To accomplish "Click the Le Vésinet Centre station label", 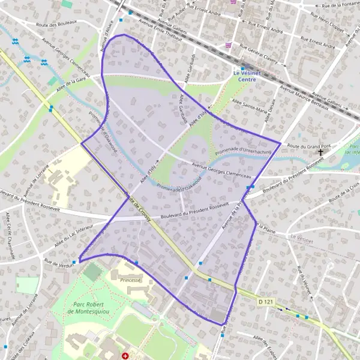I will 247,76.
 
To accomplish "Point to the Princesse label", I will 130,280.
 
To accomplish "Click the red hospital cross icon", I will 125,356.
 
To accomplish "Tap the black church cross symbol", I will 320,153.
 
